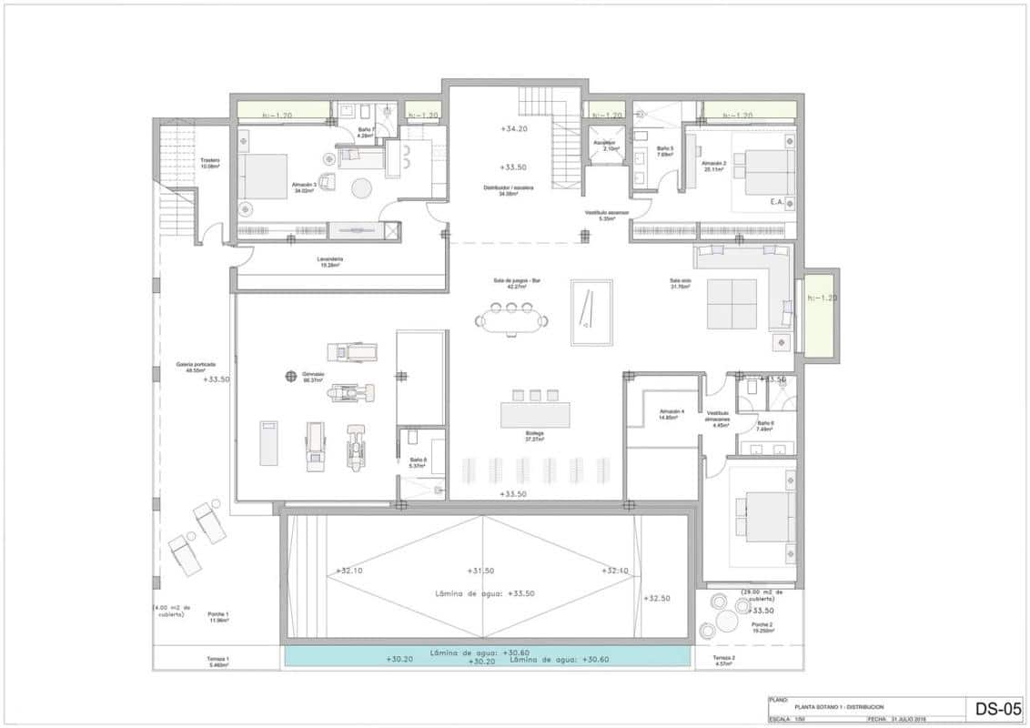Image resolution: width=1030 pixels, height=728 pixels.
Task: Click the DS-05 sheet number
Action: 999,709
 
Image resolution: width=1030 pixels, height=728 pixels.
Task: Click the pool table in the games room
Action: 591,312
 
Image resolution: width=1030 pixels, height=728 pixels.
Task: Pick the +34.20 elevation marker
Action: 514,129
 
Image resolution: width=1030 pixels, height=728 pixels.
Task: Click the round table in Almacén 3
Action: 362,188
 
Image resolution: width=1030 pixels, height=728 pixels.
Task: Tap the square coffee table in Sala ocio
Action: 732,304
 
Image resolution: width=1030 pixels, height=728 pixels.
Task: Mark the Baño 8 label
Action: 418,461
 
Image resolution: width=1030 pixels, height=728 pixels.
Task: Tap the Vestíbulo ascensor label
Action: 607,216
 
